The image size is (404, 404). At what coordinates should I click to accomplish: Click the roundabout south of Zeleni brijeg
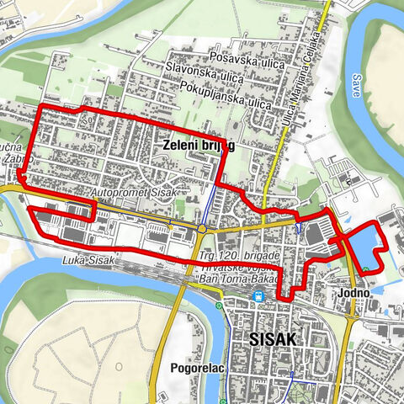tap(203, 227)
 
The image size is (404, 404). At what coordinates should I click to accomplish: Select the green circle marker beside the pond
tap(367, 269)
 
